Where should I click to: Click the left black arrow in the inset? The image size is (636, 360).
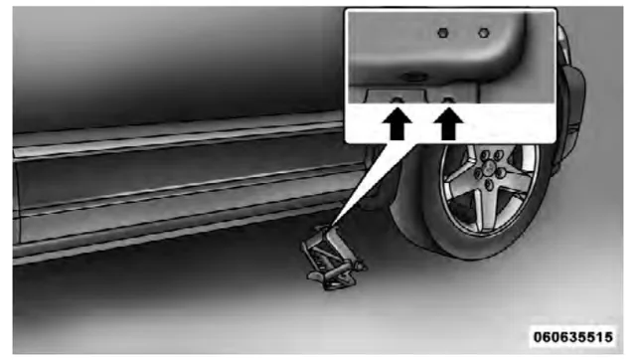pyautogui.click(x=397, y=123)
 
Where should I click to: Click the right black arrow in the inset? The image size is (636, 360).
pyautogui.click(x=448, y=123)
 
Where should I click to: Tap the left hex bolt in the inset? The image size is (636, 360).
pyautogui.click(x=443, y=33)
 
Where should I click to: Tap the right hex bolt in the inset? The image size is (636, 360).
pyautogui.click(x=484, y=33)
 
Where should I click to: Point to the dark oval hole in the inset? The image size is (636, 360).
pyautogui.click(x=413, y=77)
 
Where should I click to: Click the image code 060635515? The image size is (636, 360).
pyautogui.click(x=572, y=337)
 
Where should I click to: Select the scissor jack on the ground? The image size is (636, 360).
pyautogui.click(x=334, y=259)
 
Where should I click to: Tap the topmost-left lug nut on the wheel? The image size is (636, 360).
pyautogui.click(x=485, y=155)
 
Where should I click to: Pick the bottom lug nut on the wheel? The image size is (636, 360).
pyautogui.click(x=489, y=185)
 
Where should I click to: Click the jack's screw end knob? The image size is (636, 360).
pyautogui.click(x=360, y=267)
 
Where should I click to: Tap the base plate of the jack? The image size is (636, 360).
pyautogui.click(x=329, y=281)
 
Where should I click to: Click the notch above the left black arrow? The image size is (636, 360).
pyautogui.click(x=397, y=99)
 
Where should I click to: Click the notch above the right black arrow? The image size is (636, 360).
pyautogui.click(x=448, y=99)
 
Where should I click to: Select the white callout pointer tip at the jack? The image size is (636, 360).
pyautogui.click(x=332, y=225)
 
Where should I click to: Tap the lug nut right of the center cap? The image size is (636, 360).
pyautogui.click(x=501, y=172)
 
